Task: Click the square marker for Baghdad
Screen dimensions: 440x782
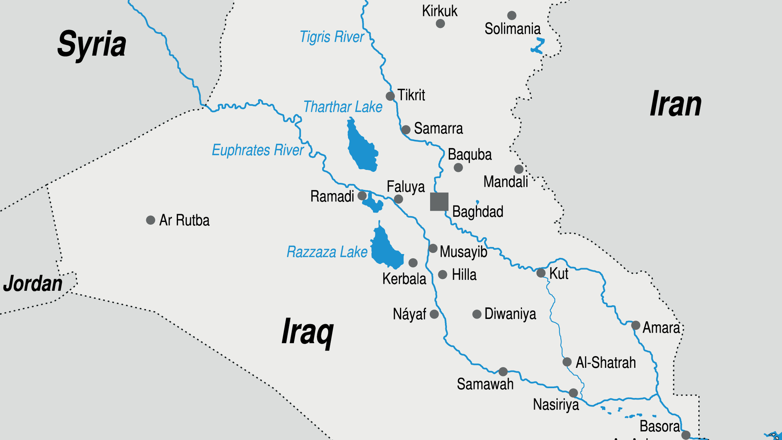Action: coord(439,202)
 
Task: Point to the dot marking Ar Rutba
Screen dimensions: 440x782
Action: coord(150,220)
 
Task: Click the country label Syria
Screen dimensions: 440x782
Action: coord(92,44)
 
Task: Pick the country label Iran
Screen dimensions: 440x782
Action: coord(675,104)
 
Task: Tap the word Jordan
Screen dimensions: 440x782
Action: coord(33,284)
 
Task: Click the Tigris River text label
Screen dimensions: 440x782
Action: coord(332,37)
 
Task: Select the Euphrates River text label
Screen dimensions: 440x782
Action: coord(257,150)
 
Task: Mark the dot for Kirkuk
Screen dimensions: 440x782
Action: coord(440,24)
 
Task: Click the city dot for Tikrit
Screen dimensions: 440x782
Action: coord(390,96)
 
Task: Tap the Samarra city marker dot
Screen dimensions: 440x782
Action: coord(406,130)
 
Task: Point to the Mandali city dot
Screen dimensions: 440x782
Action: coord(518,169)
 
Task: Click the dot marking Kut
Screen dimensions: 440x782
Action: coord(541,273)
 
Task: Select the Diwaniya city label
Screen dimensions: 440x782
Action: coord(510,314)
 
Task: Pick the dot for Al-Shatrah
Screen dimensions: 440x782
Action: coord(567,362)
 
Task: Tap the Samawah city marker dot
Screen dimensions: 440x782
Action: coord(503,372)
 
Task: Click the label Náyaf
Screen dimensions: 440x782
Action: coord(409,315)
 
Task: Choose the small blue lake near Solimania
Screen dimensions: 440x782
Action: coord(538,46)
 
